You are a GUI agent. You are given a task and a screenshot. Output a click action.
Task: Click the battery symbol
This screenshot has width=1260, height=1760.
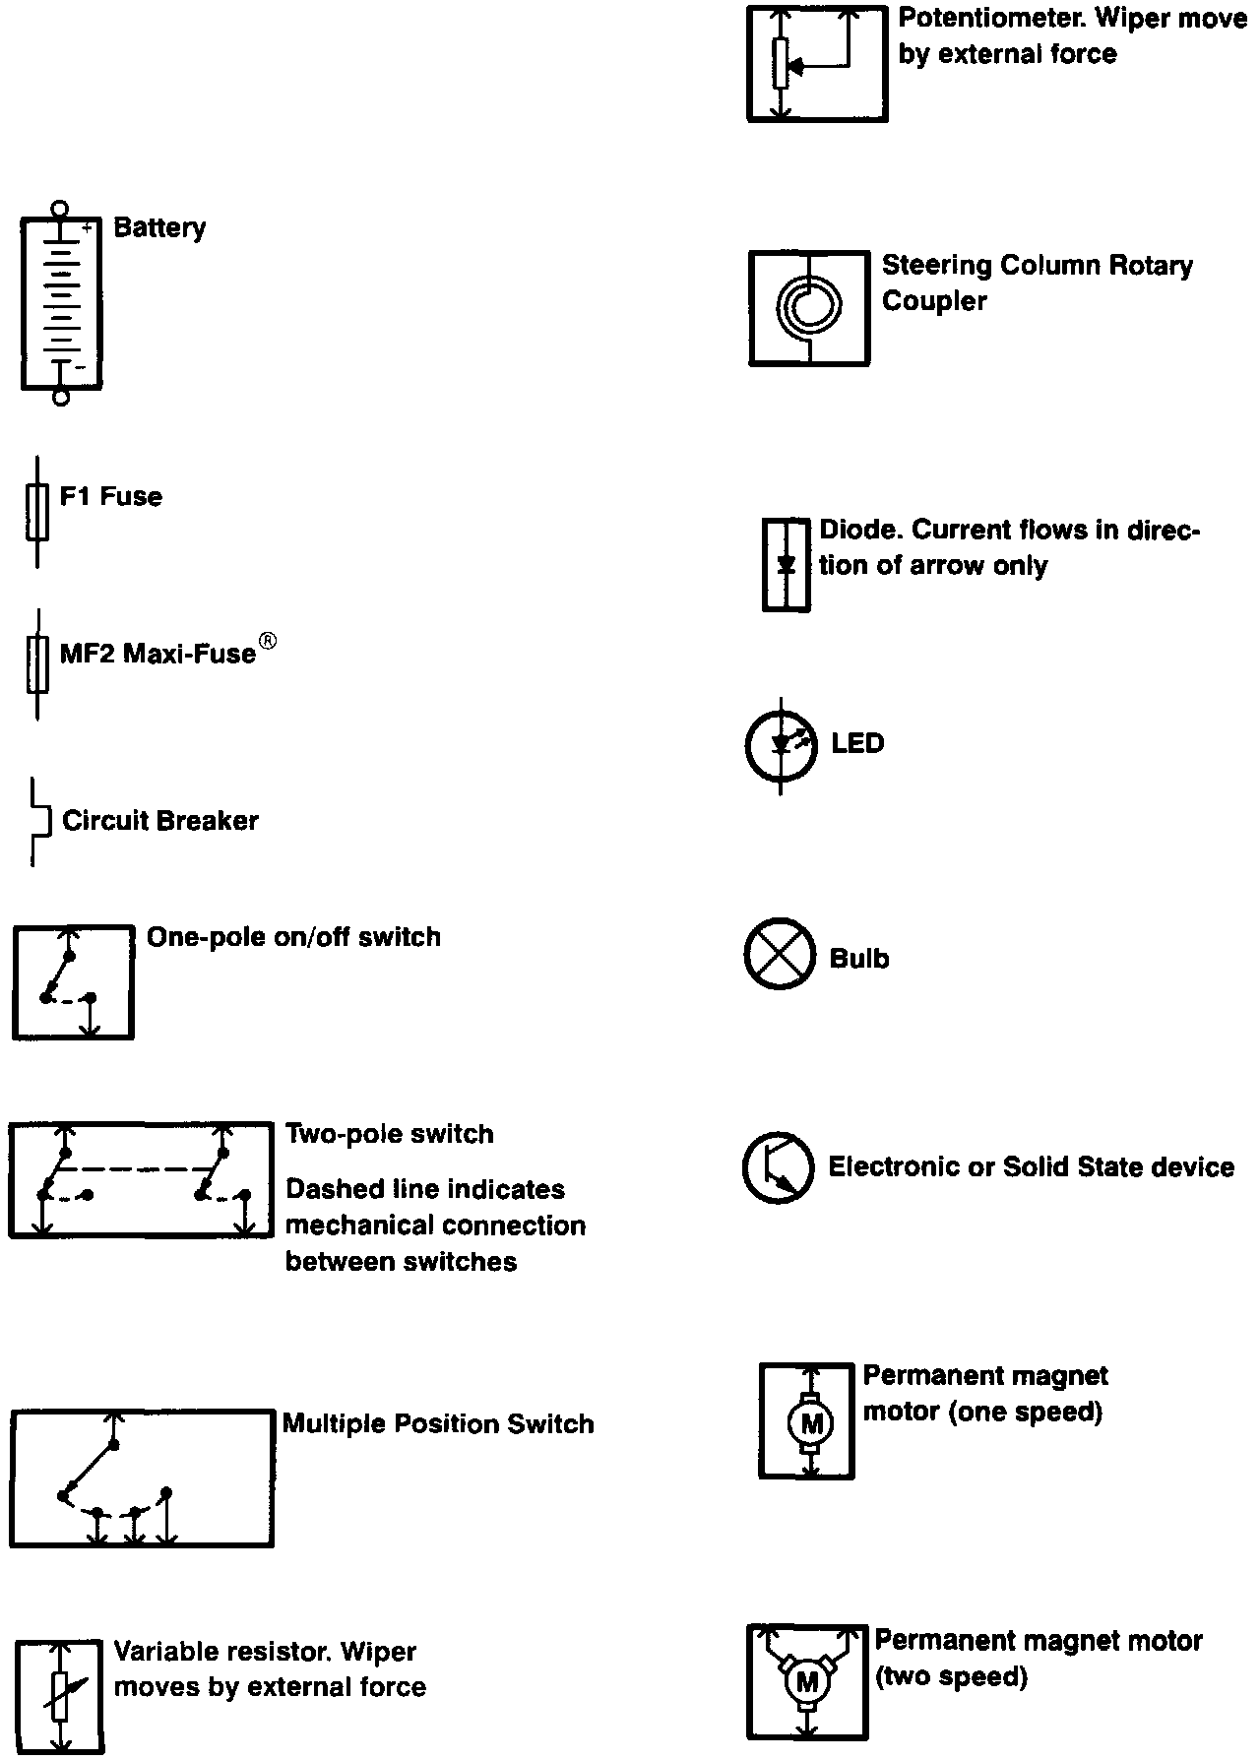tap(61, 303)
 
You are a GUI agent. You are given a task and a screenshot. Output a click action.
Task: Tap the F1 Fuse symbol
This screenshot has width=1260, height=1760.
tap(37, 511)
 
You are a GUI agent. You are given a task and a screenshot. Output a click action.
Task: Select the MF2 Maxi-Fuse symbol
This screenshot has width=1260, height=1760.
tap(37, 663)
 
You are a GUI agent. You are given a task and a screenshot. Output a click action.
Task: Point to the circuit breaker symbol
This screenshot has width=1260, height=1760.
tap(40, 821)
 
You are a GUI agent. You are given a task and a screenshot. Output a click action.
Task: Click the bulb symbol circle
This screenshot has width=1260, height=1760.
tap(780, 954)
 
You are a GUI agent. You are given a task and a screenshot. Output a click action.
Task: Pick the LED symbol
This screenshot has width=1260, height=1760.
tap(781, 745)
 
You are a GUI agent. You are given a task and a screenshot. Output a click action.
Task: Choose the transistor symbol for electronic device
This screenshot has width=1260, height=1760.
tap(779, 1167)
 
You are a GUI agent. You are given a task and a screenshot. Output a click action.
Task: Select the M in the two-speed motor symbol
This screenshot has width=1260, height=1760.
tap(807, 1683)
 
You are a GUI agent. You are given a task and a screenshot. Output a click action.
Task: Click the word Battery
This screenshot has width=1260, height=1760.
tap(159, 227)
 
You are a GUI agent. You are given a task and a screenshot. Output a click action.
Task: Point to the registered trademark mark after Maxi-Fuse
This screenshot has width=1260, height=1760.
tap(267, 642)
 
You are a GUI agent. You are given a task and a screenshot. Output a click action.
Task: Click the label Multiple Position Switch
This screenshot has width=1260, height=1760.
tap(438, 1423)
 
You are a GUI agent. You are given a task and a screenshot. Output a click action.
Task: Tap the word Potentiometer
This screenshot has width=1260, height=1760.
tap(988, 19)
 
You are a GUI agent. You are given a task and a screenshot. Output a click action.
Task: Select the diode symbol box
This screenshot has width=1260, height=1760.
tap(787, 565)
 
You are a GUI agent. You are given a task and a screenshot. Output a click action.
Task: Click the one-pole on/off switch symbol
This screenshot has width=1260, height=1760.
tap(73, 981)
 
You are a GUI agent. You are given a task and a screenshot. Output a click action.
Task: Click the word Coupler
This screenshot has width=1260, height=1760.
tap(934, 301)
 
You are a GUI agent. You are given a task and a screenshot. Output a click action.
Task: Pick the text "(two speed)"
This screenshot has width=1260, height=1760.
tap(951, 1676)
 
